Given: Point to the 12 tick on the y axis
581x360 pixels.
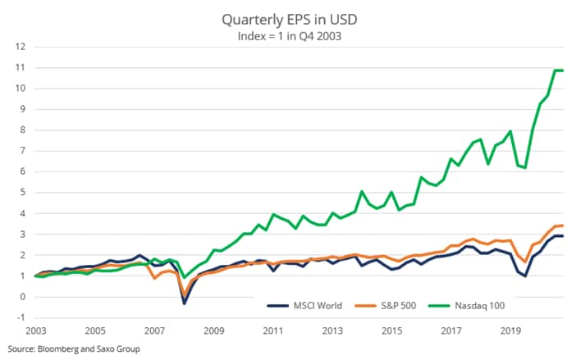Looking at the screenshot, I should click(x=19, y=47).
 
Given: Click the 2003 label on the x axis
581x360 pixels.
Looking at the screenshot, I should click(x=35, y=331).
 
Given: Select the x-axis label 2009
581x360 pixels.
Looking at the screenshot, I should click(x=214, y=331).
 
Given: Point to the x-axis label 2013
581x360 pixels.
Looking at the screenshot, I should click(x=333, y=331).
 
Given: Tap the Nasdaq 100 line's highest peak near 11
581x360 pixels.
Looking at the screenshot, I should click(x=556, y=71).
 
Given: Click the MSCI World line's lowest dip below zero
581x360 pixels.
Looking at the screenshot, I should click(x=184, y=303).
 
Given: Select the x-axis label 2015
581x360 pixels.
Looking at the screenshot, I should click(x=393, y=331).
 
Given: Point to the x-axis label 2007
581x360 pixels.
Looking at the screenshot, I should click(x=154, y=331).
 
